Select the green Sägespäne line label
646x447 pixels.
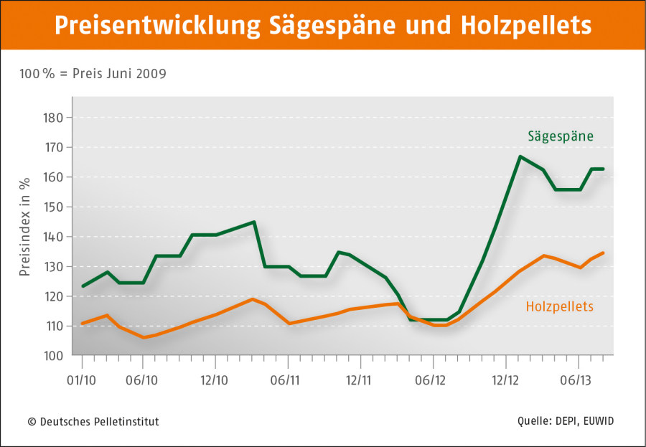pyautogui.click(x=561, y=135)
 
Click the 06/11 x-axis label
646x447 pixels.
pyautogui.click(x=285, y=380)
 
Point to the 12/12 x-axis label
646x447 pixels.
pyautogui.click(x=505, y=380)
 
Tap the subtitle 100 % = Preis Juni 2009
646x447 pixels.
pyautogui.click(x=93, y=73)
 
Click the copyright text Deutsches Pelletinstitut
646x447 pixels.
pyautogui.click(x=93, y=421)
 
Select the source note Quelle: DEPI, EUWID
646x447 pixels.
pyautogui.click(x=565, y=421)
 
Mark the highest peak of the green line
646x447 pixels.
pyautogui.click(x=519, y=156)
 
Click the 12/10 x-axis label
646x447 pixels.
pyautogui.click(x=213, y=380)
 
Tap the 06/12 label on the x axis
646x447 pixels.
pyautogui.click(x=432, y=380)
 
